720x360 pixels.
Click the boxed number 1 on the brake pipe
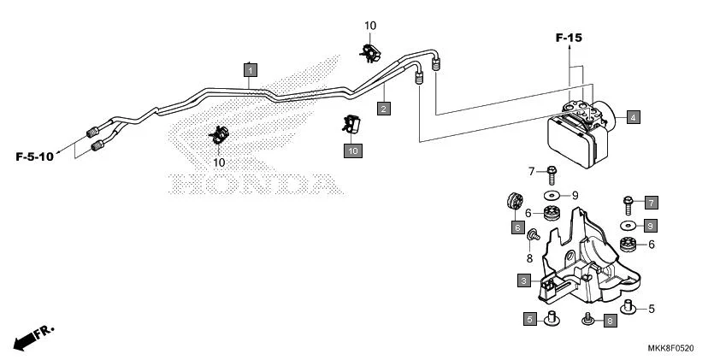(250, 70)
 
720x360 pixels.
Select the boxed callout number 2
(384, 108)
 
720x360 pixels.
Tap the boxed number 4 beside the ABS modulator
(633, 117)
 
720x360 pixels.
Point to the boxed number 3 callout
(522, 280)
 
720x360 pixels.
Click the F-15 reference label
(569, 38)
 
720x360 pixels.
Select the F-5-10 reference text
(35, 156)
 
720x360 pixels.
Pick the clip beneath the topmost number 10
(369, 51)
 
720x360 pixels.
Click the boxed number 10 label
(353, 150)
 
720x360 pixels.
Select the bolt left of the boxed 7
(629, 204)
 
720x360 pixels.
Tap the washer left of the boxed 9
(629, 225)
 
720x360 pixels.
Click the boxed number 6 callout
(518, 227)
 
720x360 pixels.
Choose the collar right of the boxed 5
(552, 319)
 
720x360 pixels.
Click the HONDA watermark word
(251, 183)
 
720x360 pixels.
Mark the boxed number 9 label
(651, 226)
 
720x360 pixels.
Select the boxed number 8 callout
(610, 321)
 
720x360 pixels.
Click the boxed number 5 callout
(530, 320)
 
